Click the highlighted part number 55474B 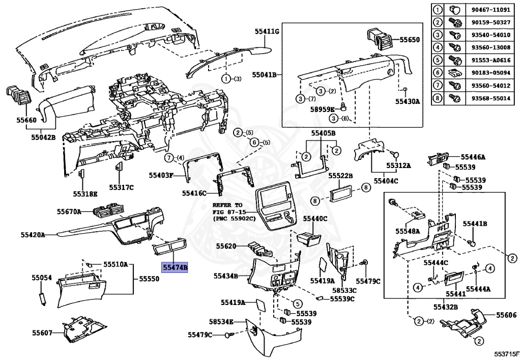pyautogui.click(x=175, y=267)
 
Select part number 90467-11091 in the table pyautogui.click(x=490, y=9)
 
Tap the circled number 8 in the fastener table pyautogui.click(x=438, y=98)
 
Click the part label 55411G pyautogui.click(x=267, y=32)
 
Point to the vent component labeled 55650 pyautogui.click(x=379, y=39)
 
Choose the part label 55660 pyautogui.click(x=26, y=120)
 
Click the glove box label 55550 pyautogui.click(x=149, y=279)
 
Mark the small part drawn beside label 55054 pyautogui.click(x=42, y=299)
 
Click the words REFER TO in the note pyautogui.click(x=227, y=205)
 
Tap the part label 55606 pyautogui.click(x=506, y=315)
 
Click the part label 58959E pyautogui.click(x=322, y=109)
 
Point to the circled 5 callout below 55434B pyautogui.click(x=298, y=304)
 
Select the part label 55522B pyautogui.click(x=340, y=176)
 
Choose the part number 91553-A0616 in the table pyautogui.click(x=490, y=60)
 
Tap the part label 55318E pyautogui.click(x=85, y=194)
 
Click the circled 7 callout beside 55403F pyautogui.click(x=169, y=157)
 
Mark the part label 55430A pyautogui.click(x=408, y=101)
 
